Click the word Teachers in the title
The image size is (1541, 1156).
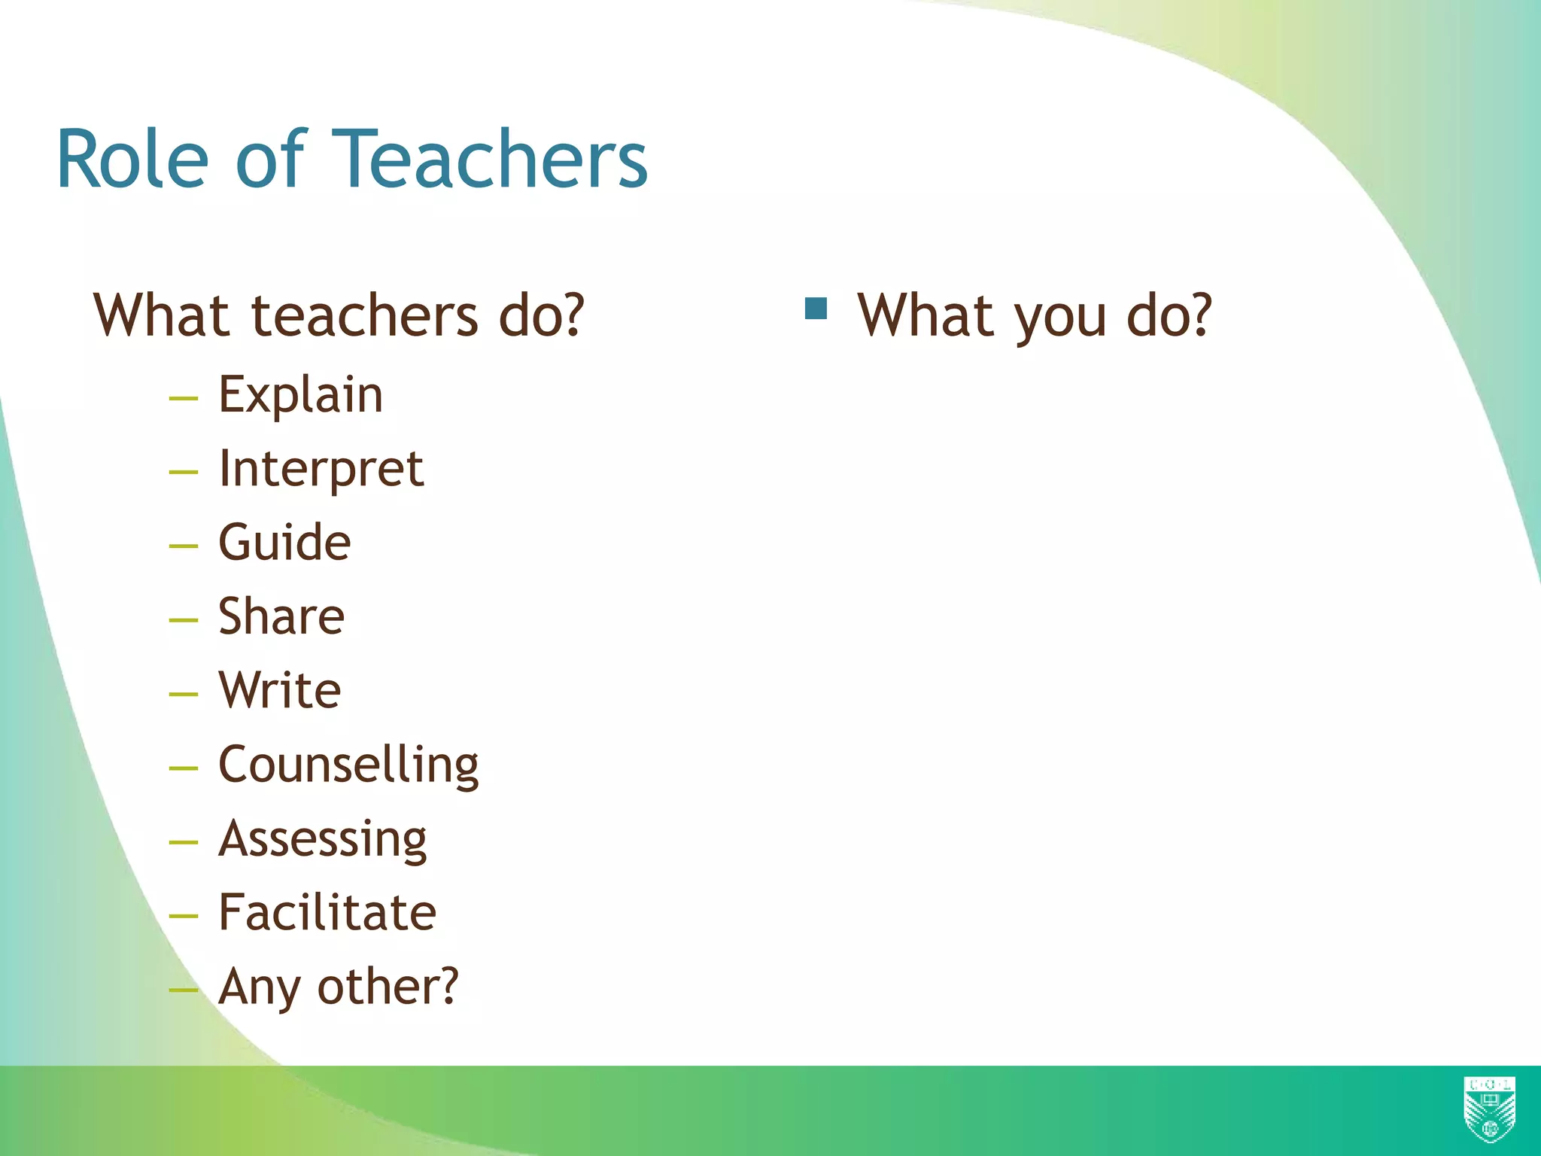point(489,160)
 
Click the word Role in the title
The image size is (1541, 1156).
point(132,160)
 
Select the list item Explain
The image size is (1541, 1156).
point(300,394)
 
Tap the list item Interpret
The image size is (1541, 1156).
point(321,469)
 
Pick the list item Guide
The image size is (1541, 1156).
point(284,542)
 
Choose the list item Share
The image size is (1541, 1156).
point(281,616)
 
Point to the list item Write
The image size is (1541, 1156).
point(280,690)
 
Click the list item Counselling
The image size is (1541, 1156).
point(348,765)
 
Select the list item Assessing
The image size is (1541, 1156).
point(323,838)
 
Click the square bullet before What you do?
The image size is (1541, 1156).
point(816,309)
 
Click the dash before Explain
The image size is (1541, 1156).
point(184,397)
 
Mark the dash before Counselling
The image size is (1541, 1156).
point(184,768)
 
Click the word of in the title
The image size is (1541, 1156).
point(269,160)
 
